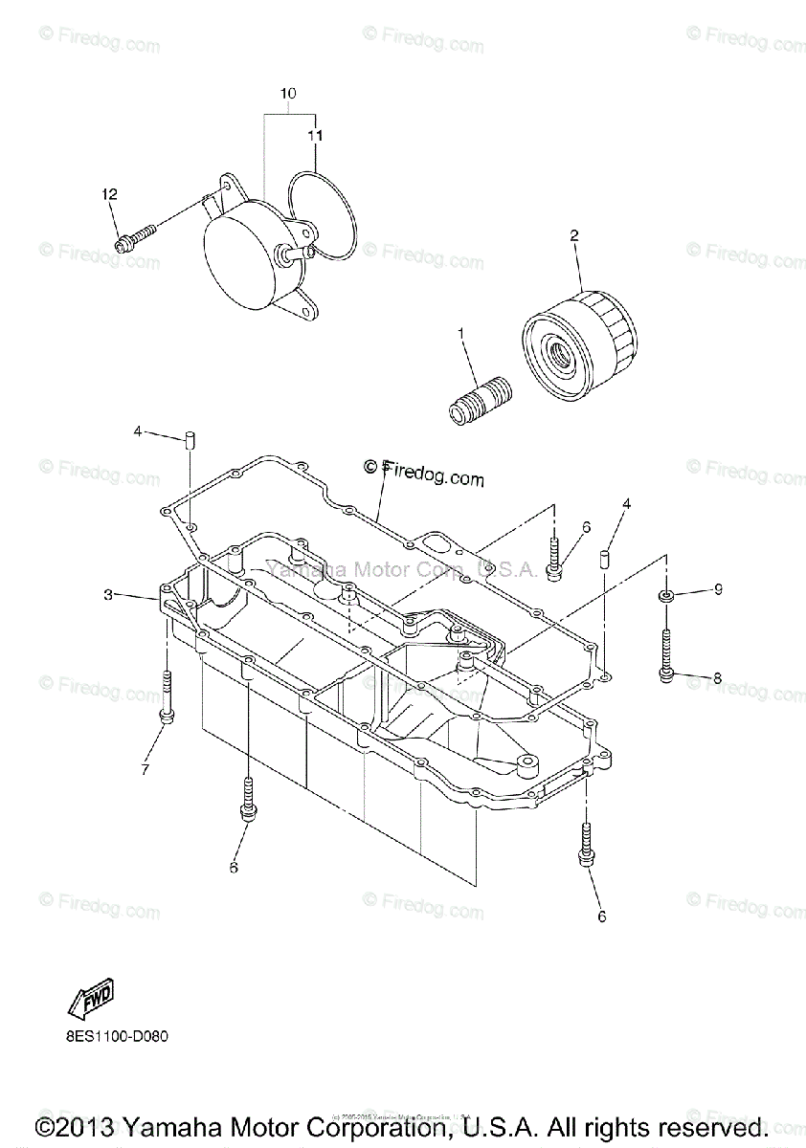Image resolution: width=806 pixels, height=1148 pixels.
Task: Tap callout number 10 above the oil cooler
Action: (x=288, y=94)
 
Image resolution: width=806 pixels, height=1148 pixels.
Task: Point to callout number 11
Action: (x=315, y=136)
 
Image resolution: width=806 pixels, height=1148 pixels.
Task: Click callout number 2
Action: (x=574, y=234)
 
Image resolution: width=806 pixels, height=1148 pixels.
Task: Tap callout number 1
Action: (x=460, y=334)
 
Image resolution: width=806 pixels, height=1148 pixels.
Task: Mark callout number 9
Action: (x=717, y=591)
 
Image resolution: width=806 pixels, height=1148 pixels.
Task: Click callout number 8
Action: (x=716, y=678)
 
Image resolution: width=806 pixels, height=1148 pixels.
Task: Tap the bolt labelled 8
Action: (x=666, y=655)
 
